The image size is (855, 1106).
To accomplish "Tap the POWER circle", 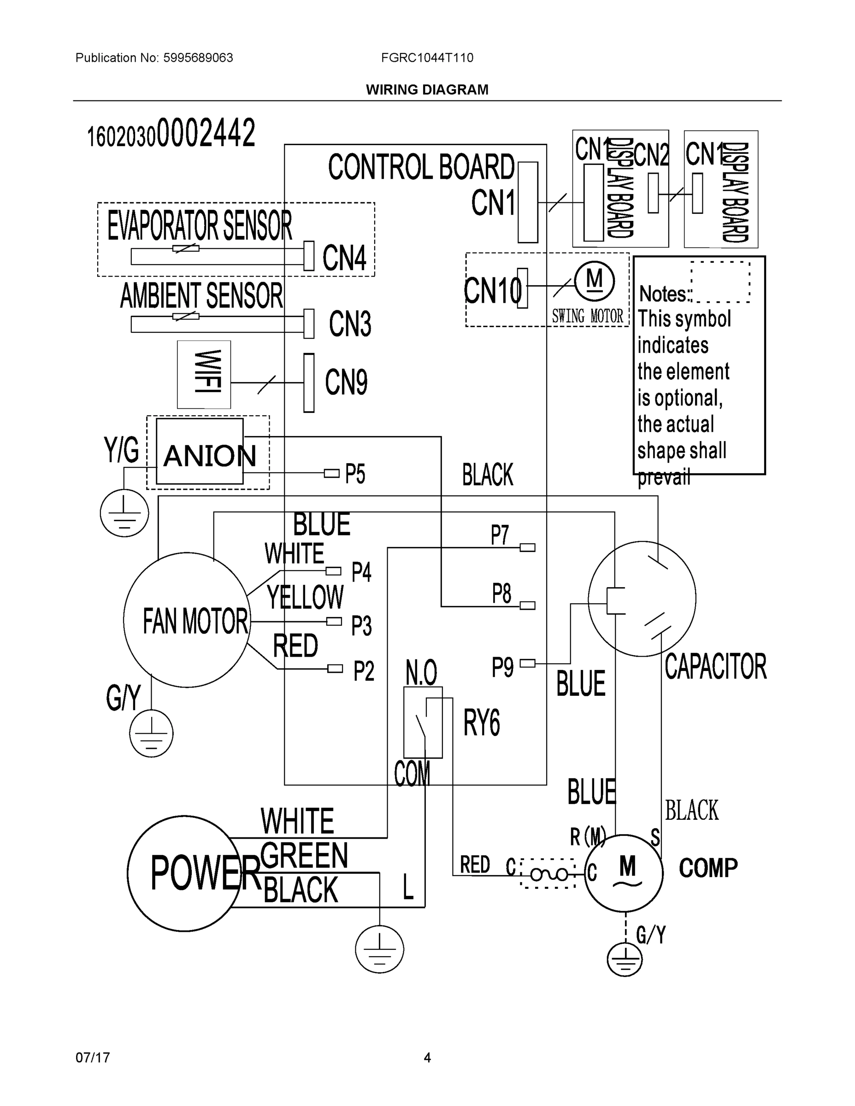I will click(x=184, y=873).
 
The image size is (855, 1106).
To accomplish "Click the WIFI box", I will click(x=204, y=374).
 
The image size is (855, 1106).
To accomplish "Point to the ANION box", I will click(x=200, y=451).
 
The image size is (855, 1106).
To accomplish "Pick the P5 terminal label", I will click(x=355, y=474).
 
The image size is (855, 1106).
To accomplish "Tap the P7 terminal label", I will click(x=500, y=535).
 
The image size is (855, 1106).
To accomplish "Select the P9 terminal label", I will click(x=502, y=667).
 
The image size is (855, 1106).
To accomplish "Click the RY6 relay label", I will click(x=481, y=722).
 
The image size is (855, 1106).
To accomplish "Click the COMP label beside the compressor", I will click(x=708, y=868).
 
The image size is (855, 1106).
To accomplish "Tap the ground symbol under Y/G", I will click(x=124, y=513).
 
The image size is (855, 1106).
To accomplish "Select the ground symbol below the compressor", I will click(x=625, y=959).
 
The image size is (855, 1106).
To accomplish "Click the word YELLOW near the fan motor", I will click(x=305, y=597).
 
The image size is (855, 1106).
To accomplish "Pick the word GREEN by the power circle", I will click(x=304, y=855).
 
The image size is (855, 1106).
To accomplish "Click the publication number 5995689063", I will click(x=198, y=58).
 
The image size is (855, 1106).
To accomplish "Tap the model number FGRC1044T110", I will click(x=427, y=58).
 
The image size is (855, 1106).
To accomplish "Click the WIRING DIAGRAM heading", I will click(x=427, y=90).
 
